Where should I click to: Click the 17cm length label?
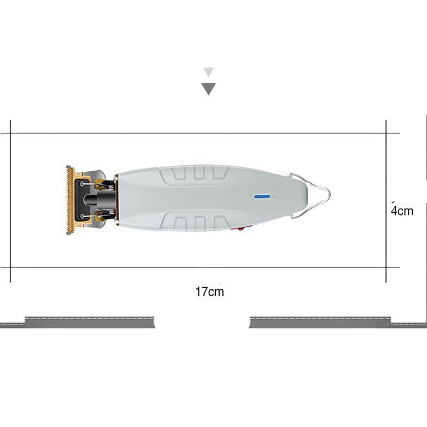pyautogui.click(x=210, y=291)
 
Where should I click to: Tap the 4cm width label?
pyautogui.click(x=402, y=211)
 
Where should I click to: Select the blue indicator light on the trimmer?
pyautogui.click(x=262, y=196)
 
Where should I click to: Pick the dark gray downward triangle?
pyautogui.click(x=209, y=89)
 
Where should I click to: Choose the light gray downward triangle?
pyautogui.click(x=209, y=72)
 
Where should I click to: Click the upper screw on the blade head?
pyautogui.click(x=82, y=184)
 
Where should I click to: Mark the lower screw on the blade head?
pyautogui.click(x=82, y=216)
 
